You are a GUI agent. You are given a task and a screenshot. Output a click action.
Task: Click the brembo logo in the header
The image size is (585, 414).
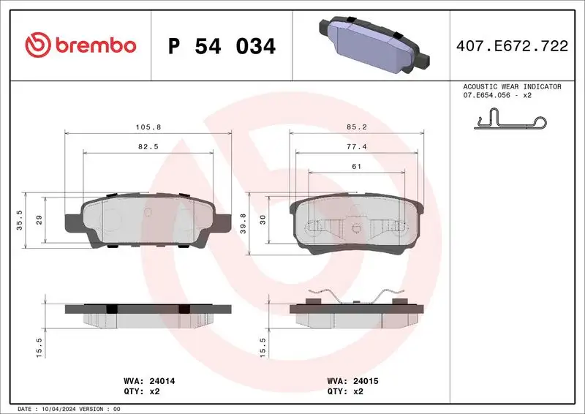point(80,46)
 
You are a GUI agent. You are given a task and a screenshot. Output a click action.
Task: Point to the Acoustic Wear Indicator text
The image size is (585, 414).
point(512,87)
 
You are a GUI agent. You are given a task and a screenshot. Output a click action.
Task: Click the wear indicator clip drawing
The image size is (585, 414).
point(509,120)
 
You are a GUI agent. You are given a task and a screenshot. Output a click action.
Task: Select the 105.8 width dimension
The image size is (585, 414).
point(148,127)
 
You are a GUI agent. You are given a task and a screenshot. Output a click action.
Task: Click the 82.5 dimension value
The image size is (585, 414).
point(148,146)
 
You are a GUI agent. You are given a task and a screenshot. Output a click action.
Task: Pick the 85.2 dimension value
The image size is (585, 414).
point(356,127)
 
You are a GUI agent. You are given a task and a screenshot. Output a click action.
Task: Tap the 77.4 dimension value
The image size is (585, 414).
point(356,146)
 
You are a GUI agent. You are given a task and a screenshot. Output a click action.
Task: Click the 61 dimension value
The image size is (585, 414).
point(356,166)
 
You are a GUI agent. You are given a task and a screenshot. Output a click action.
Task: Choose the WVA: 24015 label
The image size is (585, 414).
point(352,381)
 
